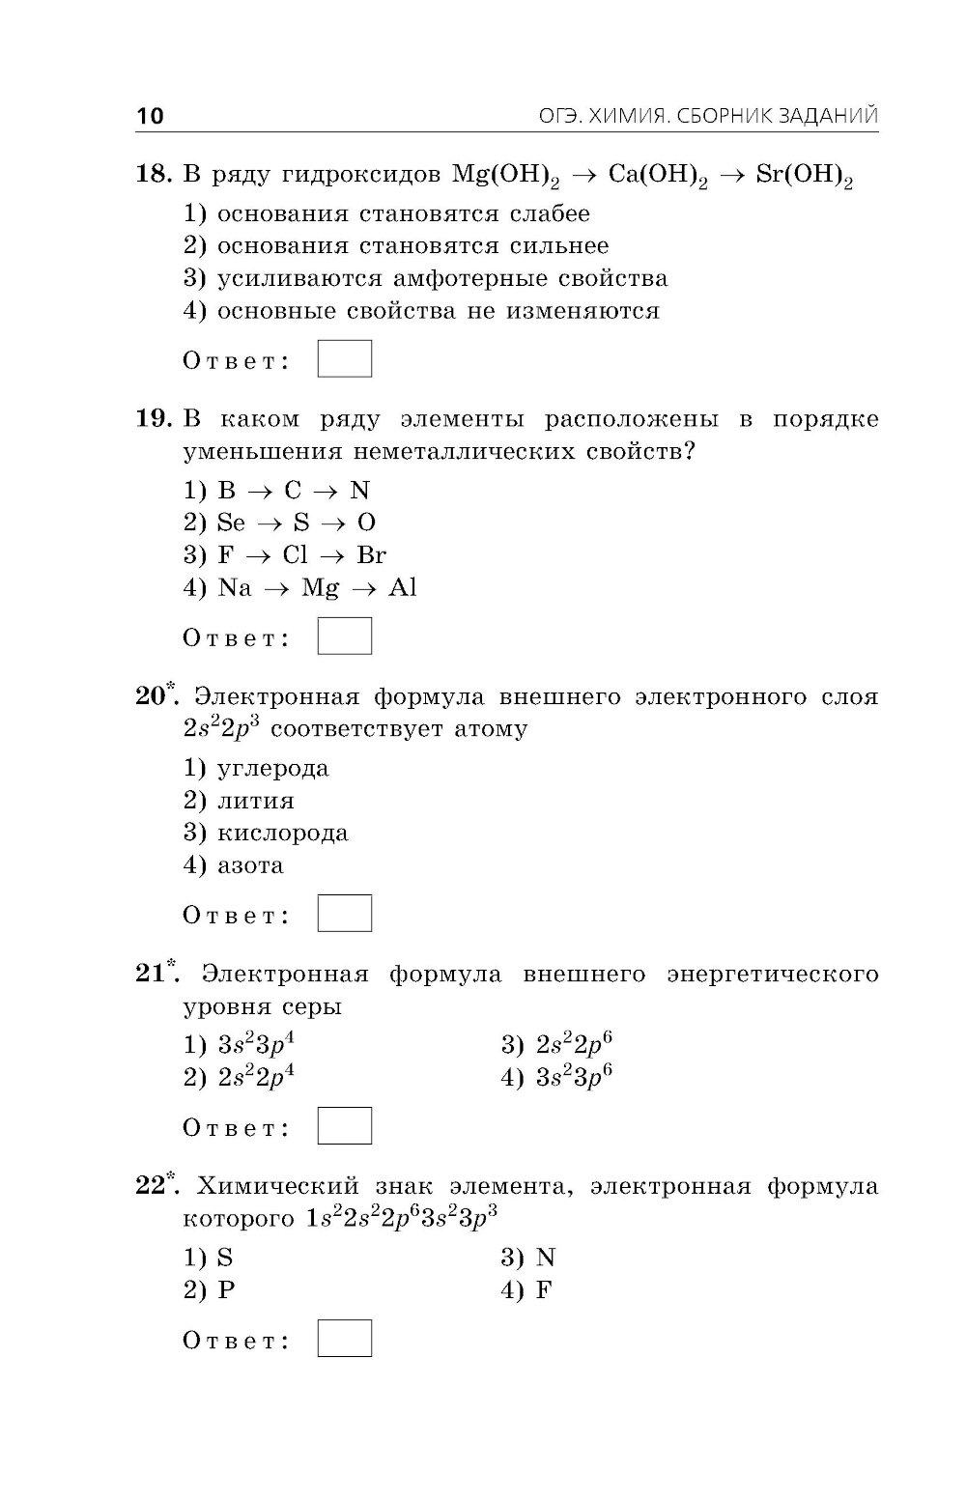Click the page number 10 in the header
(151, 117)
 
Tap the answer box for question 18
(344, 358)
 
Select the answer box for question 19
(344, 636)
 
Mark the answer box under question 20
(344, 913)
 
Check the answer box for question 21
(344, 1125)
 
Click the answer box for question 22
(344, 1338)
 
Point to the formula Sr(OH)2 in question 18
(804, 177)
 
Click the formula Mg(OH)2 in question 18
(505, 177)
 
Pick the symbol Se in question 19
(232, 523)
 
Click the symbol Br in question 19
(371, 555)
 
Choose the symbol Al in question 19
(402, 588)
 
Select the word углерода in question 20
(273, 770)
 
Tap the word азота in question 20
(250, 865)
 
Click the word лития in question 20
(256, 802)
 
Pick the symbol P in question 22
(226, 1290)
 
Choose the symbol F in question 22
(543, 1290)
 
